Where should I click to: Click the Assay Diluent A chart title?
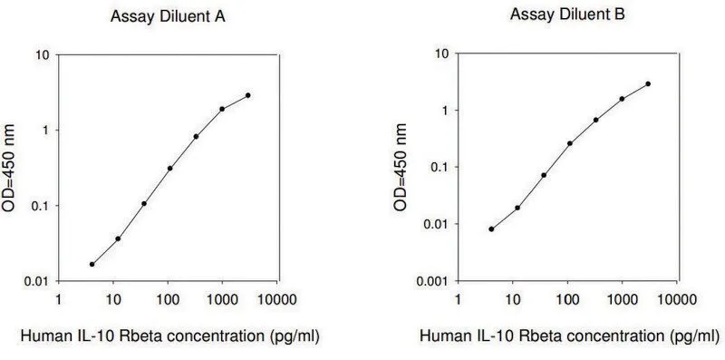coord(168,17)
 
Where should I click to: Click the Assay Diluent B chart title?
coord(567,15)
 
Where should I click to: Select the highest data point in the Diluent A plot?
coord(248,95)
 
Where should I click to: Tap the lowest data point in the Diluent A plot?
coord(92,264)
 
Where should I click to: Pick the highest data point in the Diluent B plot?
coord(648,83)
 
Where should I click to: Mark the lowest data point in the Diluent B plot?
coord(491,229)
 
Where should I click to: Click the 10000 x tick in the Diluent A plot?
coord(277,299)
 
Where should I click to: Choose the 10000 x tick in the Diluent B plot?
coord(677,299)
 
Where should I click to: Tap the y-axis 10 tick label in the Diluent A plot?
coord(43,54)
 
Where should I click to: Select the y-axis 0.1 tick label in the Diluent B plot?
coord(440,167)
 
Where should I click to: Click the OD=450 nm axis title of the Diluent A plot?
coord(9,168)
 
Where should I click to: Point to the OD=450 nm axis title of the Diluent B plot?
coord(401,168)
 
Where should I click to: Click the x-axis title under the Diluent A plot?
coord(170,336)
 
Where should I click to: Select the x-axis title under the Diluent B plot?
coord(570,336)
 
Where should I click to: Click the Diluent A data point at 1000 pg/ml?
coord(222,109)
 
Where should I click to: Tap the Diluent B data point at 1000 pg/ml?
coord(622,99)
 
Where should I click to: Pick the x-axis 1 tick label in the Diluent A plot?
coord(58,299)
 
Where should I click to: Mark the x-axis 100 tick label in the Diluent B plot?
coord(568,299)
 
